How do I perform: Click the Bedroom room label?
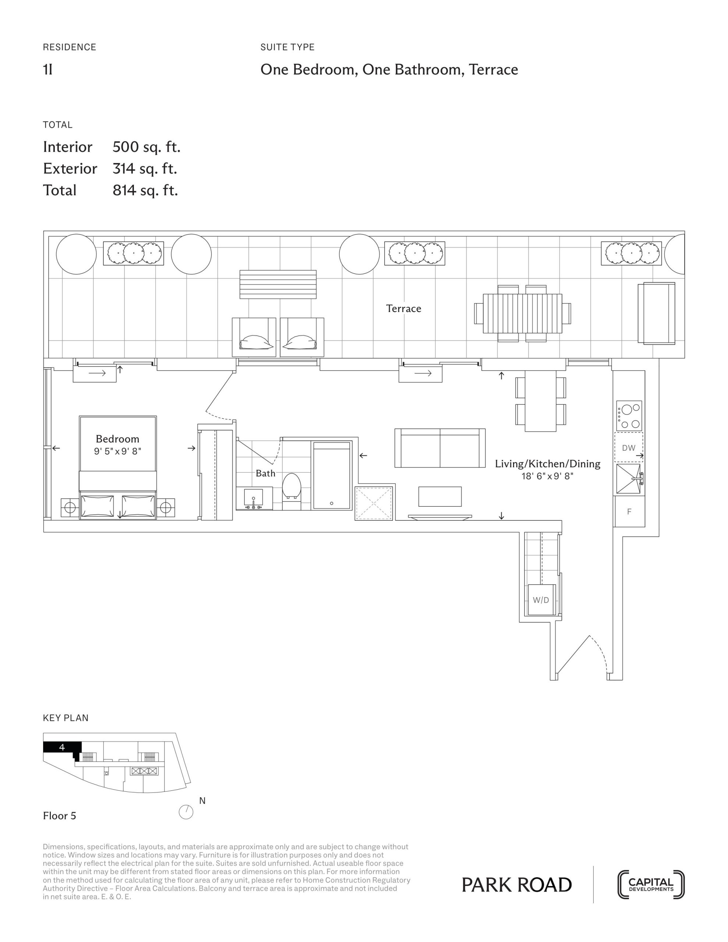pos(117,439)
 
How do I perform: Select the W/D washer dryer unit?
pos(541,600)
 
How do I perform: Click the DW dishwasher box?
pos(629,447)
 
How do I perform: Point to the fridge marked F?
pos(629,511)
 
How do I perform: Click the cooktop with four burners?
pos(629,416)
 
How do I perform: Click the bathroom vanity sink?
pos(254,498)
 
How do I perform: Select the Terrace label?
pos(403,308)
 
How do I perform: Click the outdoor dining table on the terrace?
pos(523,314)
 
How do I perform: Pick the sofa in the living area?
pos(440,448)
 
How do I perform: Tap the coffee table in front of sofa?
pos(440,496)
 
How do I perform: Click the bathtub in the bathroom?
pos(331,475)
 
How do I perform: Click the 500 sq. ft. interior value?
pos(146,147)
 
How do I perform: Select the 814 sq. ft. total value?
pos(145,190)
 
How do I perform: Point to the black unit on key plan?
pos(62,747)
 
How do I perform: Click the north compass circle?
pos(186,812)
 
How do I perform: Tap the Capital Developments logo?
pos(651,885)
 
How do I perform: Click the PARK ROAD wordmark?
pos(516,885)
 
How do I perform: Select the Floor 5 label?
pos(60,816)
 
